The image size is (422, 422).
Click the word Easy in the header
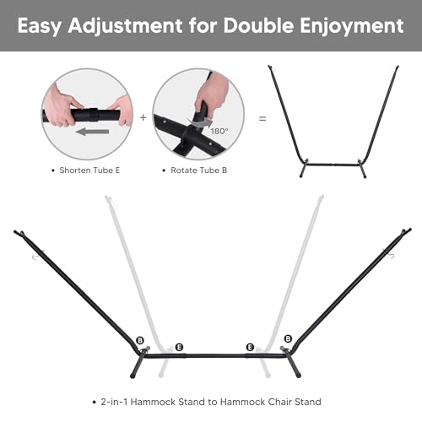click(x=40, y=26)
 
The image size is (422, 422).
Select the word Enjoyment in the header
click(x=352, y=26)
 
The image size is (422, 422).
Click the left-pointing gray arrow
click(x=93, y=132)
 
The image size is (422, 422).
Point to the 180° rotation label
click(x=219, y=132)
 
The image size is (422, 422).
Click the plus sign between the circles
click(x=143, y=117)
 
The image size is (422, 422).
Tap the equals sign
click(x=262, y=119)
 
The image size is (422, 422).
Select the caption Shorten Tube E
click(x=89, y=170)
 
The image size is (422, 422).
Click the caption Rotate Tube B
click(x=199, y=170)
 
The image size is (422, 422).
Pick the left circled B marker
click(x=140, y=340)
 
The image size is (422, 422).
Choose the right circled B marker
click(x=288, y=338)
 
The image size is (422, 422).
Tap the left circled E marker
click(x=179, y=347)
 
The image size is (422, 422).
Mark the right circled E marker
click(x=250, y=347)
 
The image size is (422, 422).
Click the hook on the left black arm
click(x=35, y=257)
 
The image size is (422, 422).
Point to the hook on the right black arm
click(x=392, y=256)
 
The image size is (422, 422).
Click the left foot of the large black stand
click(x=136, y=366)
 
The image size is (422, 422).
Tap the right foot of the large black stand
click(x=294, y=365)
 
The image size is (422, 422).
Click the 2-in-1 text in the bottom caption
click(x=114, y=402)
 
